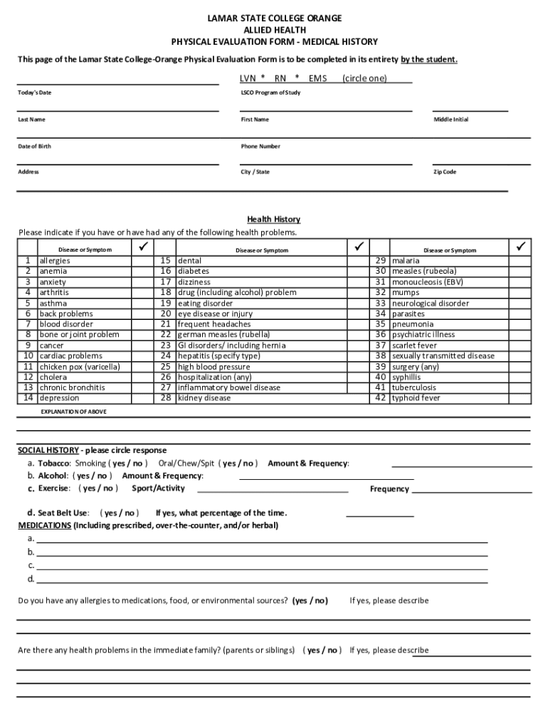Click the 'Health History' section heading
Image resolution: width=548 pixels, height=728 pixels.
273,219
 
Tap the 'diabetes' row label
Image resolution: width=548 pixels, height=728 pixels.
194,271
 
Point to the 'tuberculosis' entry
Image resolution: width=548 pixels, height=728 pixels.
414,387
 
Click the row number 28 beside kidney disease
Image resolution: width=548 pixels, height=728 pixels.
166,398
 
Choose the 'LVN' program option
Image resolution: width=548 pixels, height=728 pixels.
248,78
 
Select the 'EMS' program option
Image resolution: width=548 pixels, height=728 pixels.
317,78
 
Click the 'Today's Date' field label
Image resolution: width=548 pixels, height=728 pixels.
34,92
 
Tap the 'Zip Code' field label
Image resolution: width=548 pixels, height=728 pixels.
445,172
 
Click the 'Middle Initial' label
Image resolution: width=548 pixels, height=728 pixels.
451,119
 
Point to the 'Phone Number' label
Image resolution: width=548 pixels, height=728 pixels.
260,146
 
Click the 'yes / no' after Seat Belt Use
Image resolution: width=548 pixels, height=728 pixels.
120,513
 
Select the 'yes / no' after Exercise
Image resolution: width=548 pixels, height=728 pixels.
98,488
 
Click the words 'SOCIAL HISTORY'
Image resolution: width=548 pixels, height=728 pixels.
48,450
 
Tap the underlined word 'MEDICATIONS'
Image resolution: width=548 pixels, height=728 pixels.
44,525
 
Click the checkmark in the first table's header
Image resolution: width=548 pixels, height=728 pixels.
142,247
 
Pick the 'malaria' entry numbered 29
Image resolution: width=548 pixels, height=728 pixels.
406,261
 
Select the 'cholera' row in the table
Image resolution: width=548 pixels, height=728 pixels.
53,377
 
